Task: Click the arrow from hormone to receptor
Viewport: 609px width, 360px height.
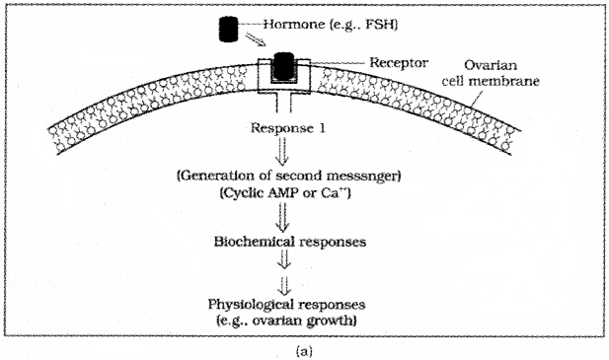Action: [260, 42]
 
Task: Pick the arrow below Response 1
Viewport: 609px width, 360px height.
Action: [286, 150]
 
